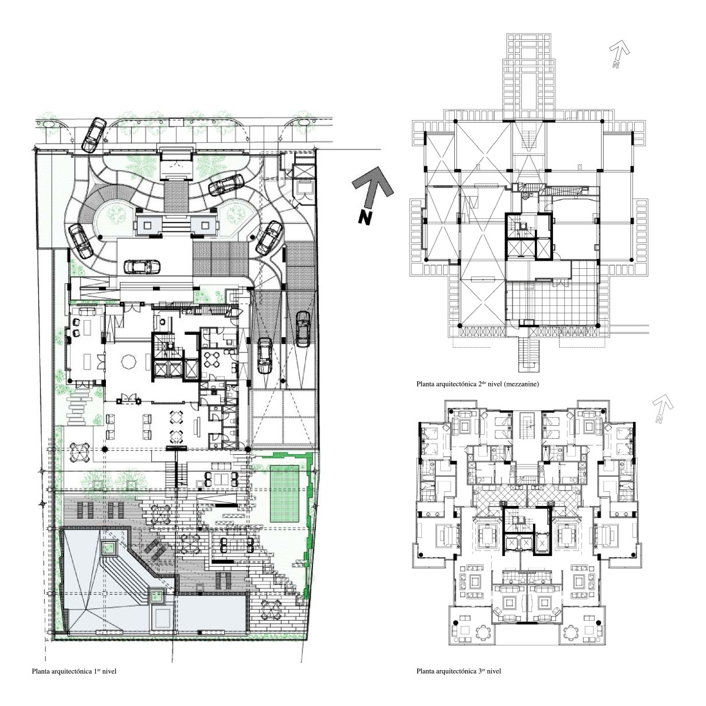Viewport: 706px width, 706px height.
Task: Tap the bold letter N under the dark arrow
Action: [365, 218]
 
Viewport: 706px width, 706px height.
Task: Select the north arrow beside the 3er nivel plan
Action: [662, 408]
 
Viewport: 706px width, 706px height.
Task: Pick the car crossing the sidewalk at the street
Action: [94, 135]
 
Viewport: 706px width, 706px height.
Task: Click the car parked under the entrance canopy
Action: [142, 267]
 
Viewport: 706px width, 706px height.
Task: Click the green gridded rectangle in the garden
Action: [284, 494]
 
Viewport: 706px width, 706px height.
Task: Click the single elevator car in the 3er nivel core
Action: [542, 542]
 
